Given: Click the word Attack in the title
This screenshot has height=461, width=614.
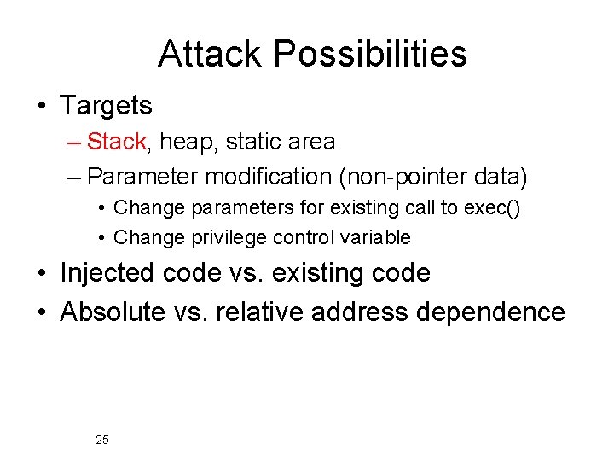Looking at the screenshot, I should pyautogui.click(x=211, y=55).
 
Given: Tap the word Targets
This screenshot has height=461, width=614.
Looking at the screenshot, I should pyautogui.click(x=106, y=107).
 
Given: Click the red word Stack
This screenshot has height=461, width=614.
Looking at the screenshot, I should pyautogui.click(x=118, y=142).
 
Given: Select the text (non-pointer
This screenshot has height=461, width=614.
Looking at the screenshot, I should pyautogui.click(x=424, y=177).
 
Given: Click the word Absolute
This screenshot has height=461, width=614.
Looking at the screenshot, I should pyautogui.click(x=112, y=312).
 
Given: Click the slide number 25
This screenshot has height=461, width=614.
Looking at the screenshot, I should pyautogui.click(x=102, y=441).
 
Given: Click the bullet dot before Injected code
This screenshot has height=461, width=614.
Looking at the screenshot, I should pyautogui.click(x=42, y=274).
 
